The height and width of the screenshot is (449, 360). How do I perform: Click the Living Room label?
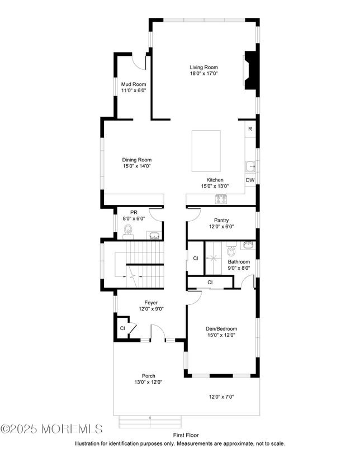tap(204, 67)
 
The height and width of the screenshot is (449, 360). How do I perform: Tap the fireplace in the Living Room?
tap(250, 70)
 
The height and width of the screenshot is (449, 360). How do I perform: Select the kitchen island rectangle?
tap(206, 151)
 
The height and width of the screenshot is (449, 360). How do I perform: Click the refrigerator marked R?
tap(250, 129)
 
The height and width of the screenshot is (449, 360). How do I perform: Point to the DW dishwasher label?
tap(250, 180)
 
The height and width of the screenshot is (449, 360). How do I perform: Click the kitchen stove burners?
tap(221, 199)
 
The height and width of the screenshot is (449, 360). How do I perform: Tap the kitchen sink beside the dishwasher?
tap(250, 166)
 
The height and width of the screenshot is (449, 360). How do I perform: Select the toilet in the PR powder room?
tap(128, 232)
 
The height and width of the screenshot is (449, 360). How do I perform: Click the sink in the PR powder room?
tap(154, 235)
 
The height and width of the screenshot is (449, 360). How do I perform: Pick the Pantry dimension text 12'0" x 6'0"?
tap(221, 227)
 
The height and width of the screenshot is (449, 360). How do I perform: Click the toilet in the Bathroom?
tap(231, 250)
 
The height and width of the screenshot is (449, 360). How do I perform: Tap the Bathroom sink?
tap(248, 245)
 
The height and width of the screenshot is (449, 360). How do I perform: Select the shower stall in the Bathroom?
tap(214, 258)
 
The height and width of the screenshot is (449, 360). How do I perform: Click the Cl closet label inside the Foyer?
tap(122, 328)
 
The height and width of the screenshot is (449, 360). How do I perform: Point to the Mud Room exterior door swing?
tap(139, 62)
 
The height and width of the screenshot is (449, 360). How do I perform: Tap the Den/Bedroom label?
tap(221, 329)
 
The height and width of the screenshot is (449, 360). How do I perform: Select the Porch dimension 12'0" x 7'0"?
tap(221, 397)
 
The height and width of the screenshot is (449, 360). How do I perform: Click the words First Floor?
tap(186, 435)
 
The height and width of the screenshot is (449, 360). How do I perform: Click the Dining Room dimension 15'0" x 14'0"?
tap(137, 166)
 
